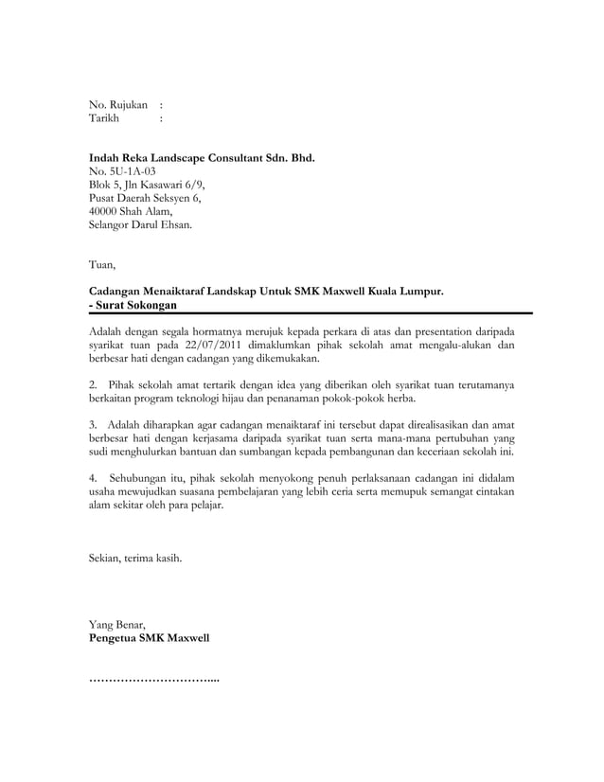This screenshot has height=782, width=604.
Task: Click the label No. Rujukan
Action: coord(118,103)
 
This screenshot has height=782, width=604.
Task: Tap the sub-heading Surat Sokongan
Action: coord(136,305)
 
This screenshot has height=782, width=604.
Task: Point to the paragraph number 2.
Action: coord(92,386)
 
